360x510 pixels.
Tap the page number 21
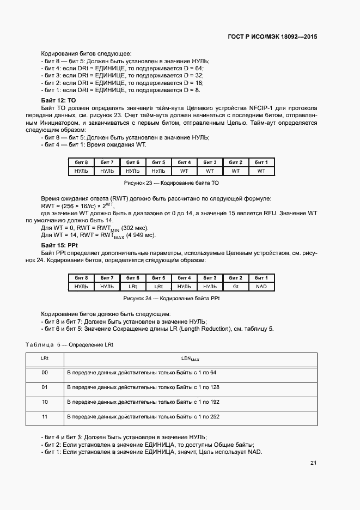[313, 463]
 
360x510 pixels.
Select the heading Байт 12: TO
[59, 101]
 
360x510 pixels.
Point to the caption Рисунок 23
[171, 183]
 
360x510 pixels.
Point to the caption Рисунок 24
[171, 298]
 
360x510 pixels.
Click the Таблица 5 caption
[69, 345]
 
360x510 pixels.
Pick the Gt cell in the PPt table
[235, 287]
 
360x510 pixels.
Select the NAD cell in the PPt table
[261, 287]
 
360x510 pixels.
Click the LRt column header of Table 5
[45, 359]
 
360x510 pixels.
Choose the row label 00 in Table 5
[45, 373]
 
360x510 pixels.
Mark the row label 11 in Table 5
[45, 417]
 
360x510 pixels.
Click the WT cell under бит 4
[184, 171]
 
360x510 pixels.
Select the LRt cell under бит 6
[133, 287]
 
